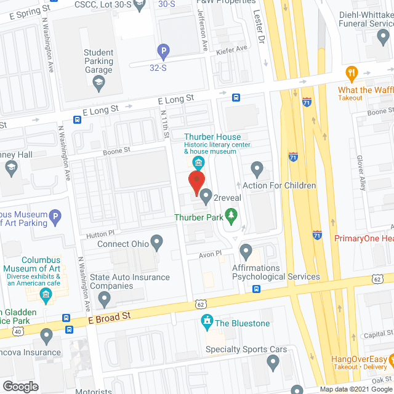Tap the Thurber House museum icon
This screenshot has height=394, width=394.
[x=198, y=163]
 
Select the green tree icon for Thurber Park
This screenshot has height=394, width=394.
[x=231, y=215]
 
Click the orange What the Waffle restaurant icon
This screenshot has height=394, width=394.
[x=352, y=73]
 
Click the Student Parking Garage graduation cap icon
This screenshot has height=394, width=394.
[x=98, y=81]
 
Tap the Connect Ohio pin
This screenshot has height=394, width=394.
[x=157, y=243]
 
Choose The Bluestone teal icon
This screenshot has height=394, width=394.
[x=207, y=322]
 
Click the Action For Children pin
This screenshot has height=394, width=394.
[x=257, y=168]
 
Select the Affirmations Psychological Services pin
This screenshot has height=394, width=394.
[x=246, y=251]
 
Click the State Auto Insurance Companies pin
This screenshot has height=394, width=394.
[x=105, y=299]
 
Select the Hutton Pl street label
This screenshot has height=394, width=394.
[x=102, y=234]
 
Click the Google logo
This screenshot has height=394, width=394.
[x=20, y=386]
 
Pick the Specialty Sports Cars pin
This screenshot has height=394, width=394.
[x=273, y=364]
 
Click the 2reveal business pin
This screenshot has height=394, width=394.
[x=206, y=195]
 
